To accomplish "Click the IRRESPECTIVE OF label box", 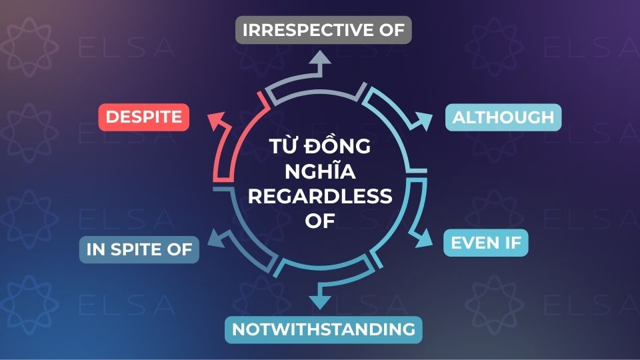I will pos(324,30).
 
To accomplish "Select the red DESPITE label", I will pos(144,117).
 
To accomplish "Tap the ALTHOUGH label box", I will pos(503,117).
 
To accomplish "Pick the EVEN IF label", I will pos(485,243).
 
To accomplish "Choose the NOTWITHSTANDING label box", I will pos(323,329).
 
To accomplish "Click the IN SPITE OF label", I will pos(139,250).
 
